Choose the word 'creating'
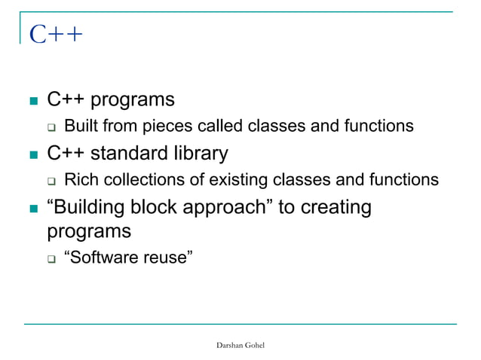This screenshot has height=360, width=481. [335, 207]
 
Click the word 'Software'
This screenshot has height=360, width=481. [103, 258]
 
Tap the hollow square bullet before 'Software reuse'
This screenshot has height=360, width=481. [51, 260]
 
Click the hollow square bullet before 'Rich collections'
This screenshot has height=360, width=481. [51, 182]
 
